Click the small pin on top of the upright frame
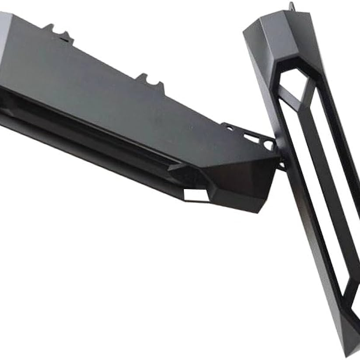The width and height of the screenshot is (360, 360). pyautogui.click(x=291, y=7)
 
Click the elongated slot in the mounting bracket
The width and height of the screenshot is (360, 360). pyautogui.click(x=250, y=138)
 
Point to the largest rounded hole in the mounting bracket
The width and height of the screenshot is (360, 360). pyautogui.click(x=267, y=145)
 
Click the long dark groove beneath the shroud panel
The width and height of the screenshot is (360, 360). pyautogui.click(x=87, y=122)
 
